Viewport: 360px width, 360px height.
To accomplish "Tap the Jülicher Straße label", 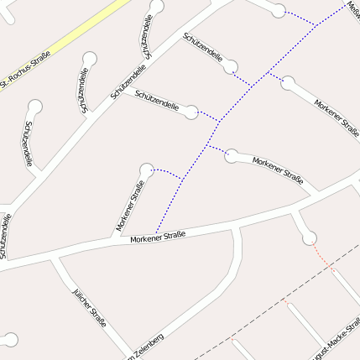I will [87, 310].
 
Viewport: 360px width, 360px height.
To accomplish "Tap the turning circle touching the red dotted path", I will [310, 237].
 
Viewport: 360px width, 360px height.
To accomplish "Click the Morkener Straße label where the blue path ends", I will [157, 237].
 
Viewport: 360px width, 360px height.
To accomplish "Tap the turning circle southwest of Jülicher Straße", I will [9, 340].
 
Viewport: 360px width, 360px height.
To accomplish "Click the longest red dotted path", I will [323, 255].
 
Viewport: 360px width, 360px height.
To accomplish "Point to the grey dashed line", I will [277, 310].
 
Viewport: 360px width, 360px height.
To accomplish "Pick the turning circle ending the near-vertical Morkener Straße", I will [147, 170].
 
